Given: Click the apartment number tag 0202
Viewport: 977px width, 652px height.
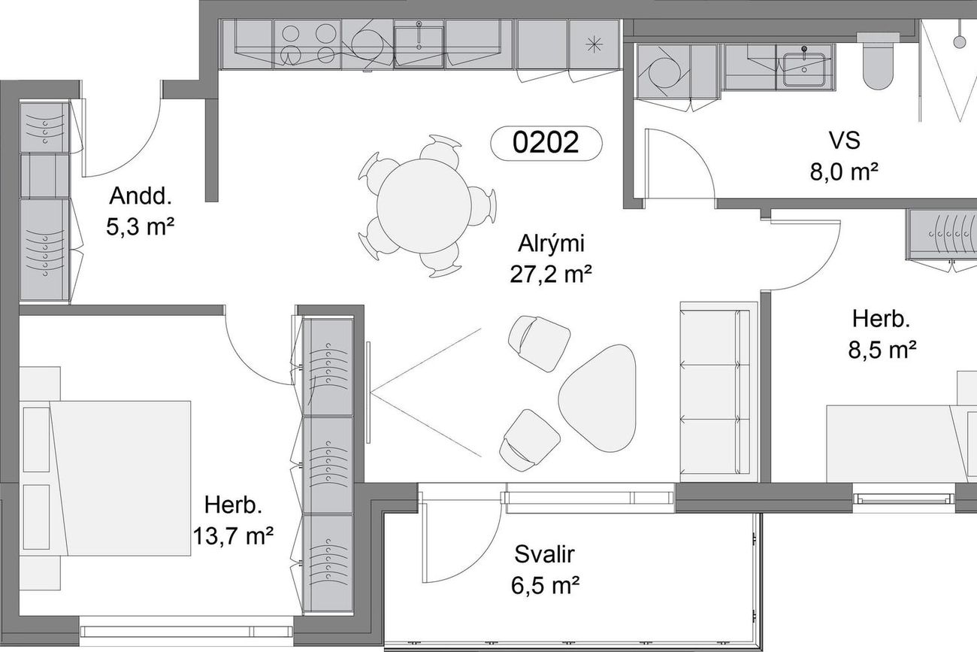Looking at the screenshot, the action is (x=546, y=143).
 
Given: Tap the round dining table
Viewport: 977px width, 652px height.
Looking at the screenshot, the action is (x=424, y=206).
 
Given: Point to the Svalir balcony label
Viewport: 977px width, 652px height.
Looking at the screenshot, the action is (x=544, y=554).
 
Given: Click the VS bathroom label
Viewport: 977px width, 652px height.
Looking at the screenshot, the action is (x=845, y=141).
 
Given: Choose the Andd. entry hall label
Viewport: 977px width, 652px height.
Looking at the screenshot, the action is (x=141, y=196).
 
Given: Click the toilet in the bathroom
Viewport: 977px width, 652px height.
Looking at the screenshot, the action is (x=878, y=61).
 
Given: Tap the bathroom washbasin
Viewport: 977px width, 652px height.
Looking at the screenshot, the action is (x=803, y=69).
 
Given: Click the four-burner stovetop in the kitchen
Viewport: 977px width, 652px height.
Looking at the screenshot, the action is (x=307, y=44).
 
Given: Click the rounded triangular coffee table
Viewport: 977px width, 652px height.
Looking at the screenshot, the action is (x=597, y=398).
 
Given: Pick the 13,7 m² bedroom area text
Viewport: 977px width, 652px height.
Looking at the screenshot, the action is (x=233, y=536).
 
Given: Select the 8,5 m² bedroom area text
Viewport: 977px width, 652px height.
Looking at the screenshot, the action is (x=882, y=350).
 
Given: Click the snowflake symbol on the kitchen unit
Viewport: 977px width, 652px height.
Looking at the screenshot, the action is (x=594, y=44).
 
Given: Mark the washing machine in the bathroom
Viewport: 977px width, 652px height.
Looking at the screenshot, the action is (x=663, y=71).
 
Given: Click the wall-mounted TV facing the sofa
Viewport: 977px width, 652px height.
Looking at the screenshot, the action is (x=368, y=393).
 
